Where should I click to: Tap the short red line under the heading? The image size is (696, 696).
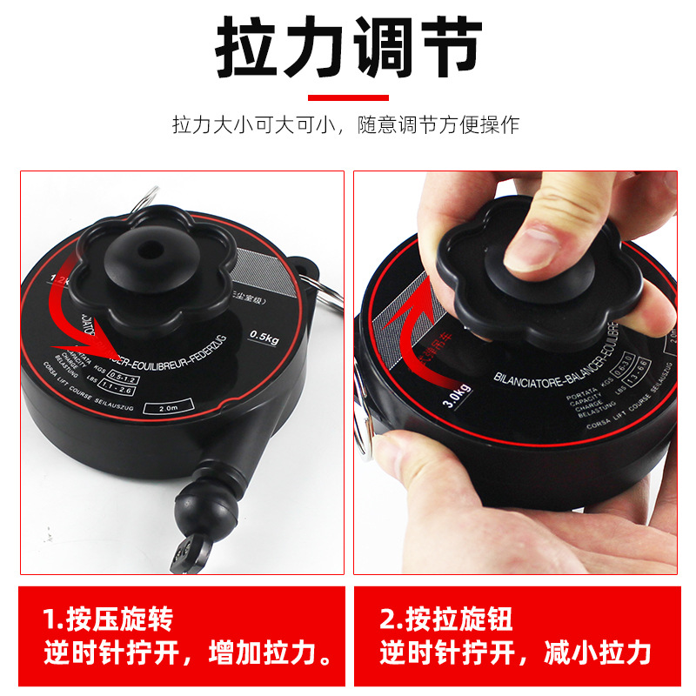click(348, 97)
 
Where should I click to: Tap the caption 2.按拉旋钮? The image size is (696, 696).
click(445, 619)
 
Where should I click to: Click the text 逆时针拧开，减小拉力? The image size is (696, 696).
click(515, 652)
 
